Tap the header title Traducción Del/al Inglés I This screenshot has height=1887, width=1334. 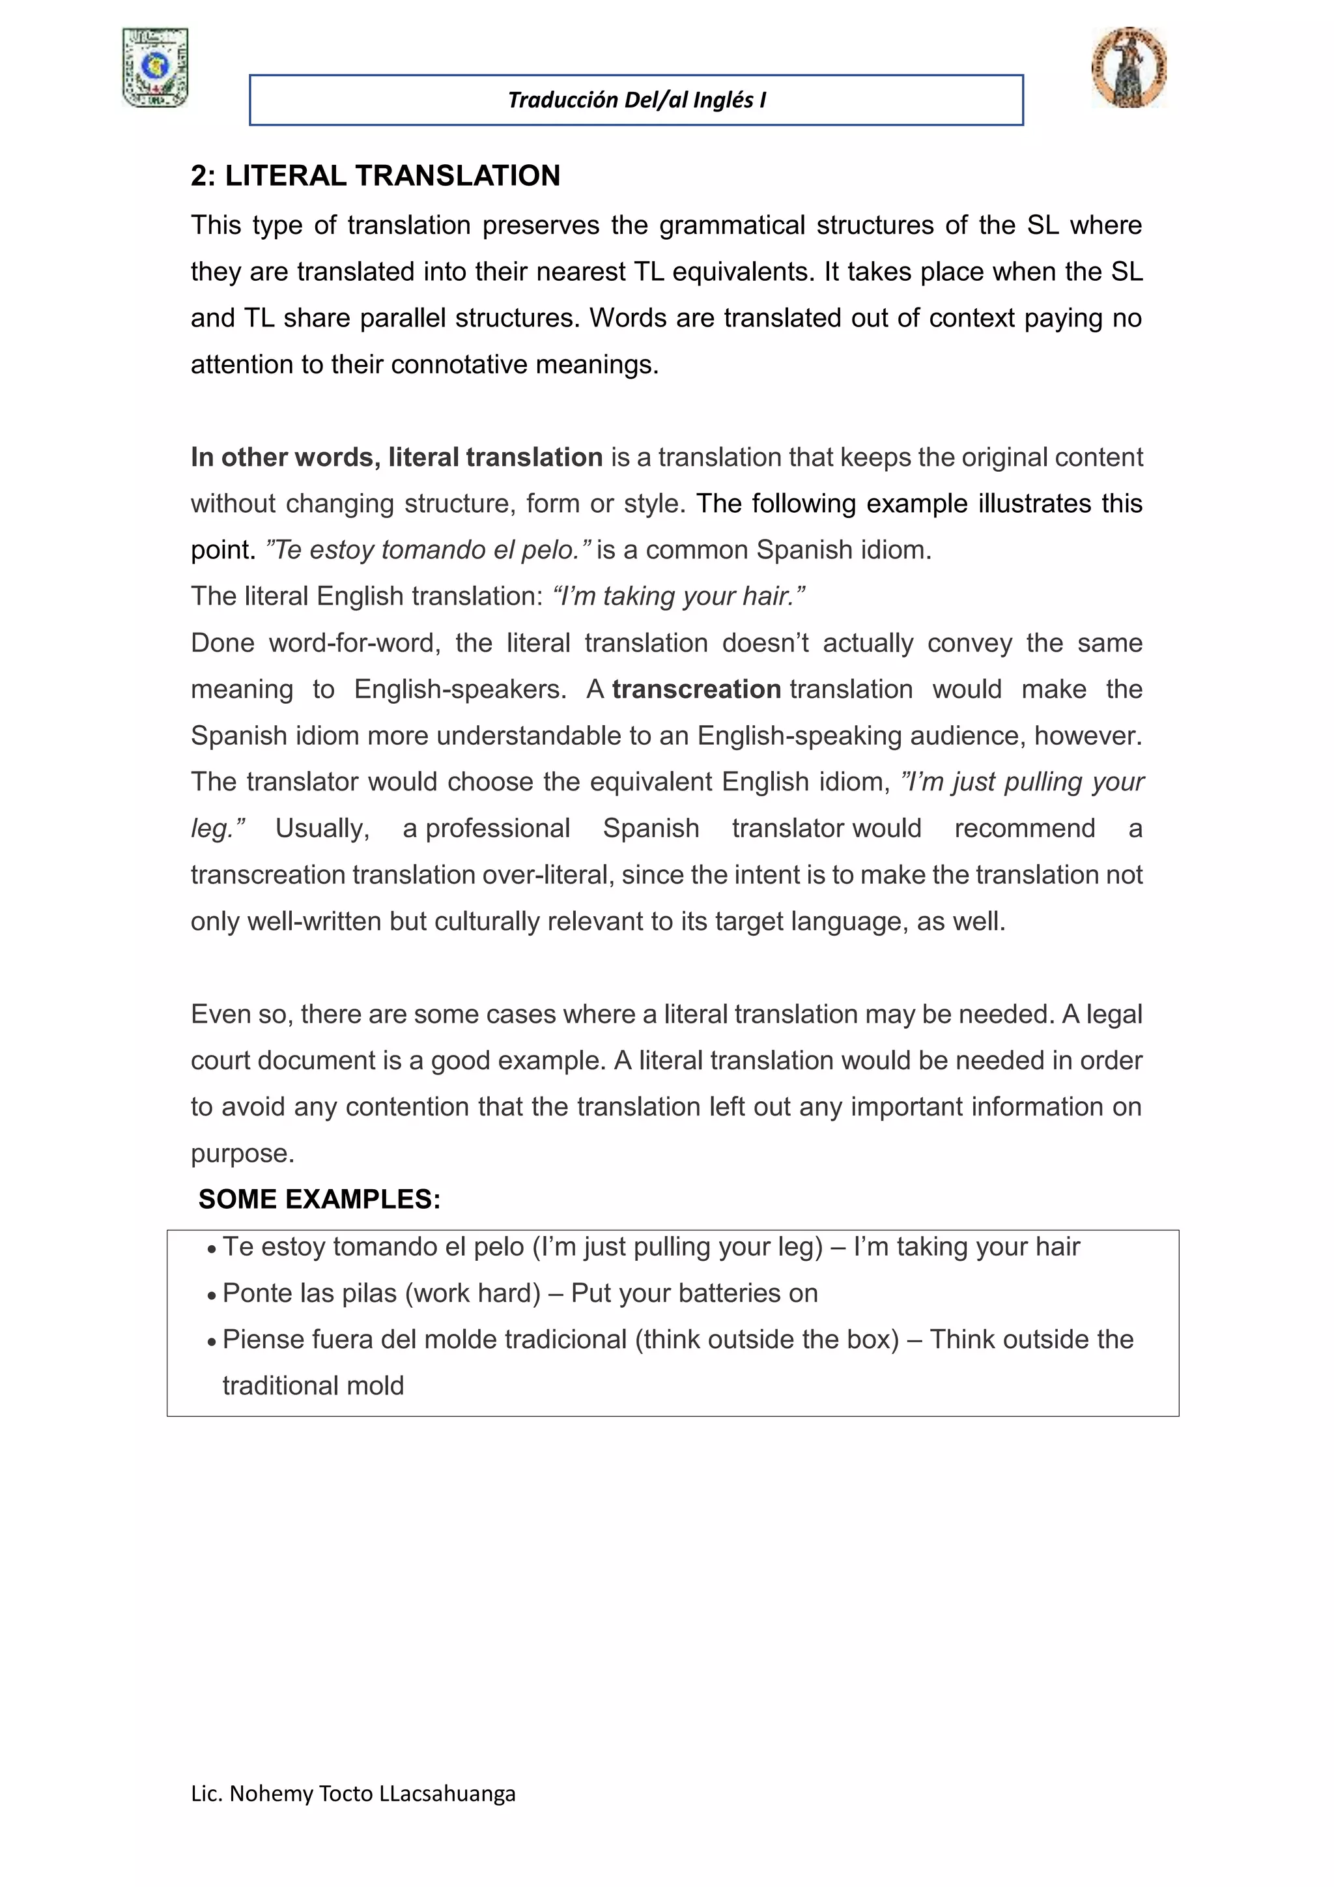point(636,100)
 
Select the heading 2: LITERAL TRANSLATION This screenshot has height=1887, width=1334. point(375,176)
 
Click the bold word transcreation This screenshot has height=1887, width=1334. point(696,689)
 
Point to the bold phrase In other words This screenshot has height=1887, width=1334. point(285,457)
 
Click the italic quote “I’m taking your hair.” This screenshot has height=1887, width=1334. point(679,596)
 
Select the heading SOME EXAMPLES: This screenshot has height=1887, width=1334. point(320,1199)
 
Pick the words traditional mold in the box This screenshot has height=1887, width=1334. point(313,1387)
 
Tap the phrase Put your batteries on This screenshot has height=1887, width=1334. point(694,1293)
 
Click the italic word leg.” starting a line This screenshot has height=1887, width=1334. point(218,828)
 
